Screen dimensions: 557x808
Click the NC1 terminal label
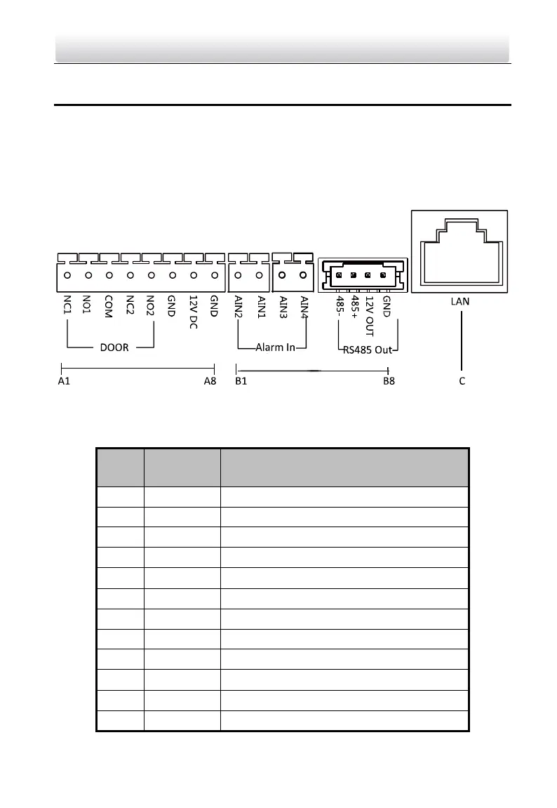pyautogui.click(x=67, y=307)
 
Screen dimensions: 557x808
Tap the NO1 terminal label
pyautogui.click(x=88, y=307)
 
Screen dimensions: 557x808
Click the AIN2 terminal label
pyautogui.click(x=239, y=308)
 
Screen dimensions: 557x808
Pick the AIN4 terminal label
pyautogui.click(x=304, y=308)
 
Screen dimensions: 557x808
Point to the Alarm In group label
pyautogui.click(x=275, y=347)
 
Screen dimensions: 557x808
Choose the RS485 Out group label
pyautogui.click(x=367, y=348)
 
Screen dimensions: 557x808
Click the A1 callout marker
pyautogui.click(x=63, y=381)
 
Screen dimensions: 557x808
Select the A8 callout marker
pyautogui.click(x=210, y=381)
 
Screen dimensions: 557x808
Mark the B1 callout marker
pyautogui.click(x=240, y=381)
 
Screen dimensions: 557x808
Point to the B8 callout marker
pyautogui.click(x=389, y=381)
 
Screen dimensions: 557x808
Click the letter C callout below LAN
pyautogui.click(x=461, y=381)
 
